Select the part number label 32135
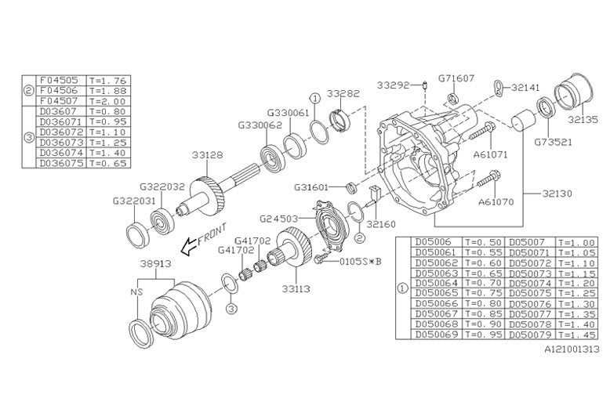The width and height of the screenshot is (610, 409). coord(582,121)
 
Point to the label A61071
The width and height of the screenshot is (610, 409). coord(491,154)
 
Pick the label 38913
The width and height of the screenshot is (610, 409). coord(157,264)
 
